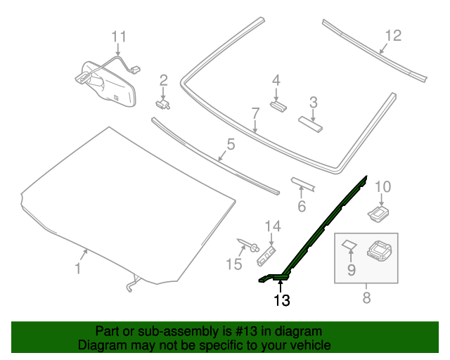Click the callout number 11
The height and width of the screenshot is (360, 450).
[119, 36]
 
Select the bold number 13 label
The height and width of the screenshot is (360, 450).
[281, 301]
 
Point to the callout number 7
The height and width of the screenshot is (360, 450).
[256, 112]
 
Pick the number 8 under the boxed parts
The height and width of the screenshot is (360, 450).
[366, 298]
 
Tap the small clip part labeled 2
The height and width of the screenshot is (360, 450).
[165, 103]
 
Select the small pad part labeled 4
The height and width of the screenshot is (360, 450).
[277, 107]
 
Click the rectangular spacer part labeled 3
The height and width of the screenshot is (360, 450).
[310, 124]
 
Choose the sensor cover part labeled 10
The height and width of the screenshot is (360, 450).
[379, 211]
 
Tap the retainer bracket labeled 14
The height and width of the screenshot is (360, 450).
[268, 255]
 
